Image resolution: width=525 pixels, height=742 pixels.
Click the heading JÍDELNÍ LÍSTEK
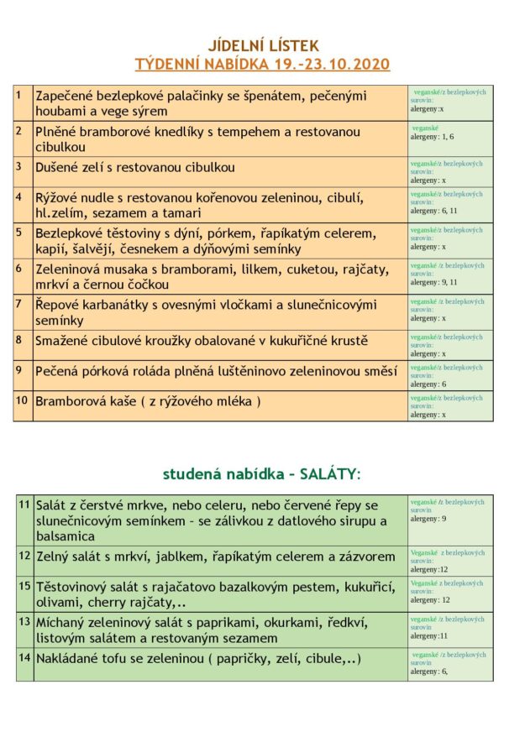263,46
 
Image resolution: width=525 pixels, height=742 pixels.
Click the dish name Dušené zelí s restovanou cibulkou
135,167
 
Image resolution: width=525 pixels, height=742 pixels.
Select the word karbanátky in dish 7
122,305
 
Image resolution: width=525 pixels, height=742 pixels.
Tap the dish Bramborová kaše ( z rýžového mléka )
148,401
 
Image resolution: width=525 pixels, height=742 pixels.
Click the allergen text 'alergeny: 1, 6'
432,136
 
